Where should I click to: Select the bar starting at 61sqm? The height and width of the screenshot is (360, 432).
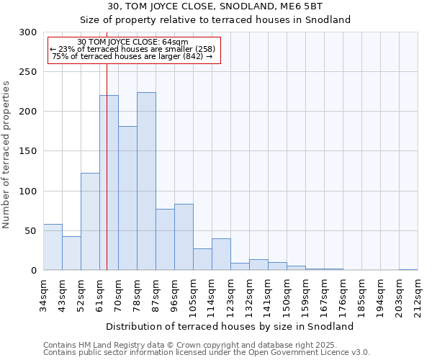click(109, 183)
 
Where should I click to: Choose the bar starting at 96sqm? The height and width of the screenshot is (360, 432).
click(184, 237)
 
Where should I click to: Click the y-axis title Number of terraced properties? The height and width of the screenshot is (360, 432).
click(6, 154)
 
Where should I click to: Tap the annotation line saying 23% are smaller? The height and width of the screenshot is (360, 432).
click(132, 49)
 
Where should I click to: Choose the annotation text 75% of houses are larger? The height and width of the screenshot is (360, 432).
click(132, 56)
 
